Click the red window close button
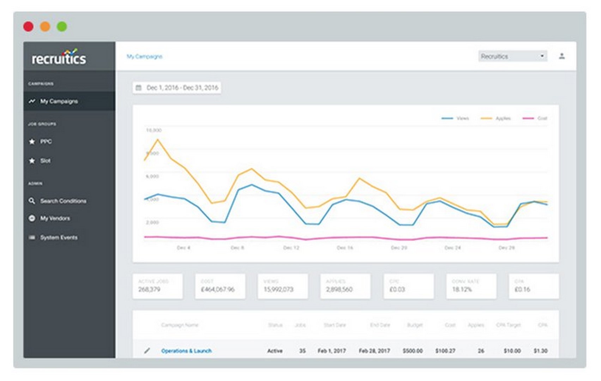click(28, 26)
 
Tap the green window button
click(62, 26)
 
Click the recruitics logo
click(59, 57)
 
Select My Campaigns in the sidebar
click(59, 101)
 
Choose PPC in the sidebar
click(46, 141)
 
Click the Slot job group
click(45, 161)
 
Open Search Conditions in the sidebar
click(63, 201)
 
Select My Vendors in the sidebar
click(55, 218)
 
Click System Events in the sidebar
click(59, 237)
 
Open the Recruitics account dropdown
click(512, 56)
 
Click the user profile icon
click(562, 56)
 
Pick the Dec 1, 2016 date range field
click(177, 88)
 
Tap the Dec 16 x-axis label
click(345, 248)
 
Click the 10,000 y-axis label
click(154, 131)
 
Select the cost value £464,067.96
click(218, 290)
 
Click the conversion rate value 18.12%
click(462, 290)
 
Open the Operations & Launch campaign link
click(186, 351)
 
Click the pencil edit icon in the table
click(147, 351)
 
